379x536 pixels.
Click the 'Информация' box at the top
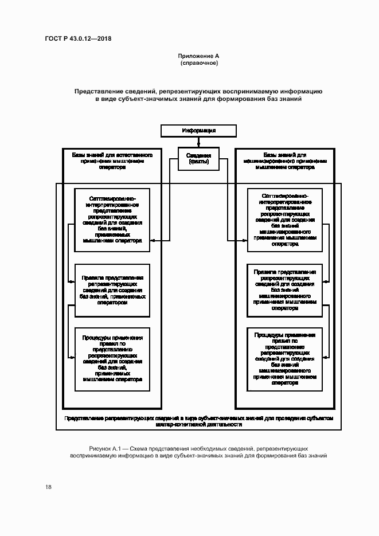[198, 131]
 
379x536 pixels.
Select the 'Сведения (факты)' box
[198, 159]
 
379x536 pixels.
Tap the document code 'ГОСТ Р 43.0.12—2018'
[78, 39]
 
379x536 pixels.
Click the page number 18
[48, 487]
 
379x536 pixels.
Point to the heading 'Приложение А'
[198, 56]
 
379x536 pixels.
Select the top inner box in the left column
[112, 220]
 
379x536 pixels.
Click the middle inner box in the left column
[112, 290]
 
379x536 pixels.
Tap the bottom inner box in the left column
[112, 359]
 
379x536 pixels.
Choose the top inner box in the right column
[284, 220]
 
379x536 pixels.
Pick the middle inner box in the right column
[284, 290]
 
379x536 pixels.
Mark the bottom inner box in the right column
[284, 359]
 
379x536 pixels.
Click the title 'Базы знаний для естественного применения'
[112, 162]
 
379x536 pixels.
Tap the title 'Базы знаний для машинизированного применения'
[284, 162]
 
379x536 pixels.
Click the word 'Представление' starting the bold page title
[95, 92]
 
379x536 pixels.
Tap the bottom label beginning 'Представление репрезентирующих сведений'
[198, 422]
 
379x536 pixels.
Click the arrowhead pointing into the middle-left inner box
[72, 281]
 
